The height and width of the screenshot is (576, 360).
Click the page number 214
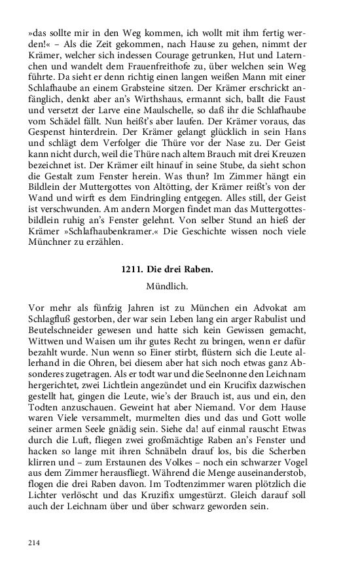[35, 543]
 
